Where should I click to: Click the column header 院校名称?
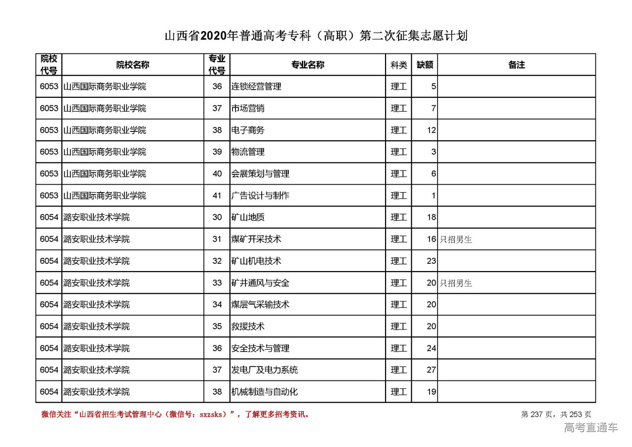point(132,65)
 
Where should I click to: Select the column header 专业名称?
point(307,65)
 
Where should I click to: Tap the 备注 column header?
point(516,65)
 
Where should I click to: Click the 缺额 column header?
point(425,65)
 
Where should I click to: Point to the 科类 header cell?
point(398,65)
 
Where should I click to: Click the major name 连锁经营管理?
point(256,86)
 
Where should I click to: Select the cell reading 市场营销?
point(248,108)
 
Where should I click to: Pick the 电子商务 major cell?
point(248,130)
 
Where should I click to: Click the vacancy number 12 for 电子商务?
point(432,130)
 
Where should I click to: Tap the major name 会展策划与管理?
point(260,174)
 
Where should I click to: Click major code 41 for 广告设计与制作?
point(217,196)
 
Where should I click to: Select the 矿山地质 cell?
point(248,217)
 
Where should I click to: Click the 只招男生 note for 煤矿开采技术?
point(456,240)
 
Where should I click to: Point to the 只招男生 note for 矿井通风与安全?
point(456,283)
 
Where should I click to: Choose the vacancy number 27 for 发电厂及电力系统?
point(432,370)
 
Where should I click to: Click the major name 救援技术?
point(248,326)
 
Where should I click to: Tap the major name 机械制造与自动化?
point(264,392)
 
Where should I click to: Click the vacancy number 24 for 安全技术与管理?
point(432,348)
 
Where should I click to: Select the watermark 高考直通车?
point(591,428)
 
